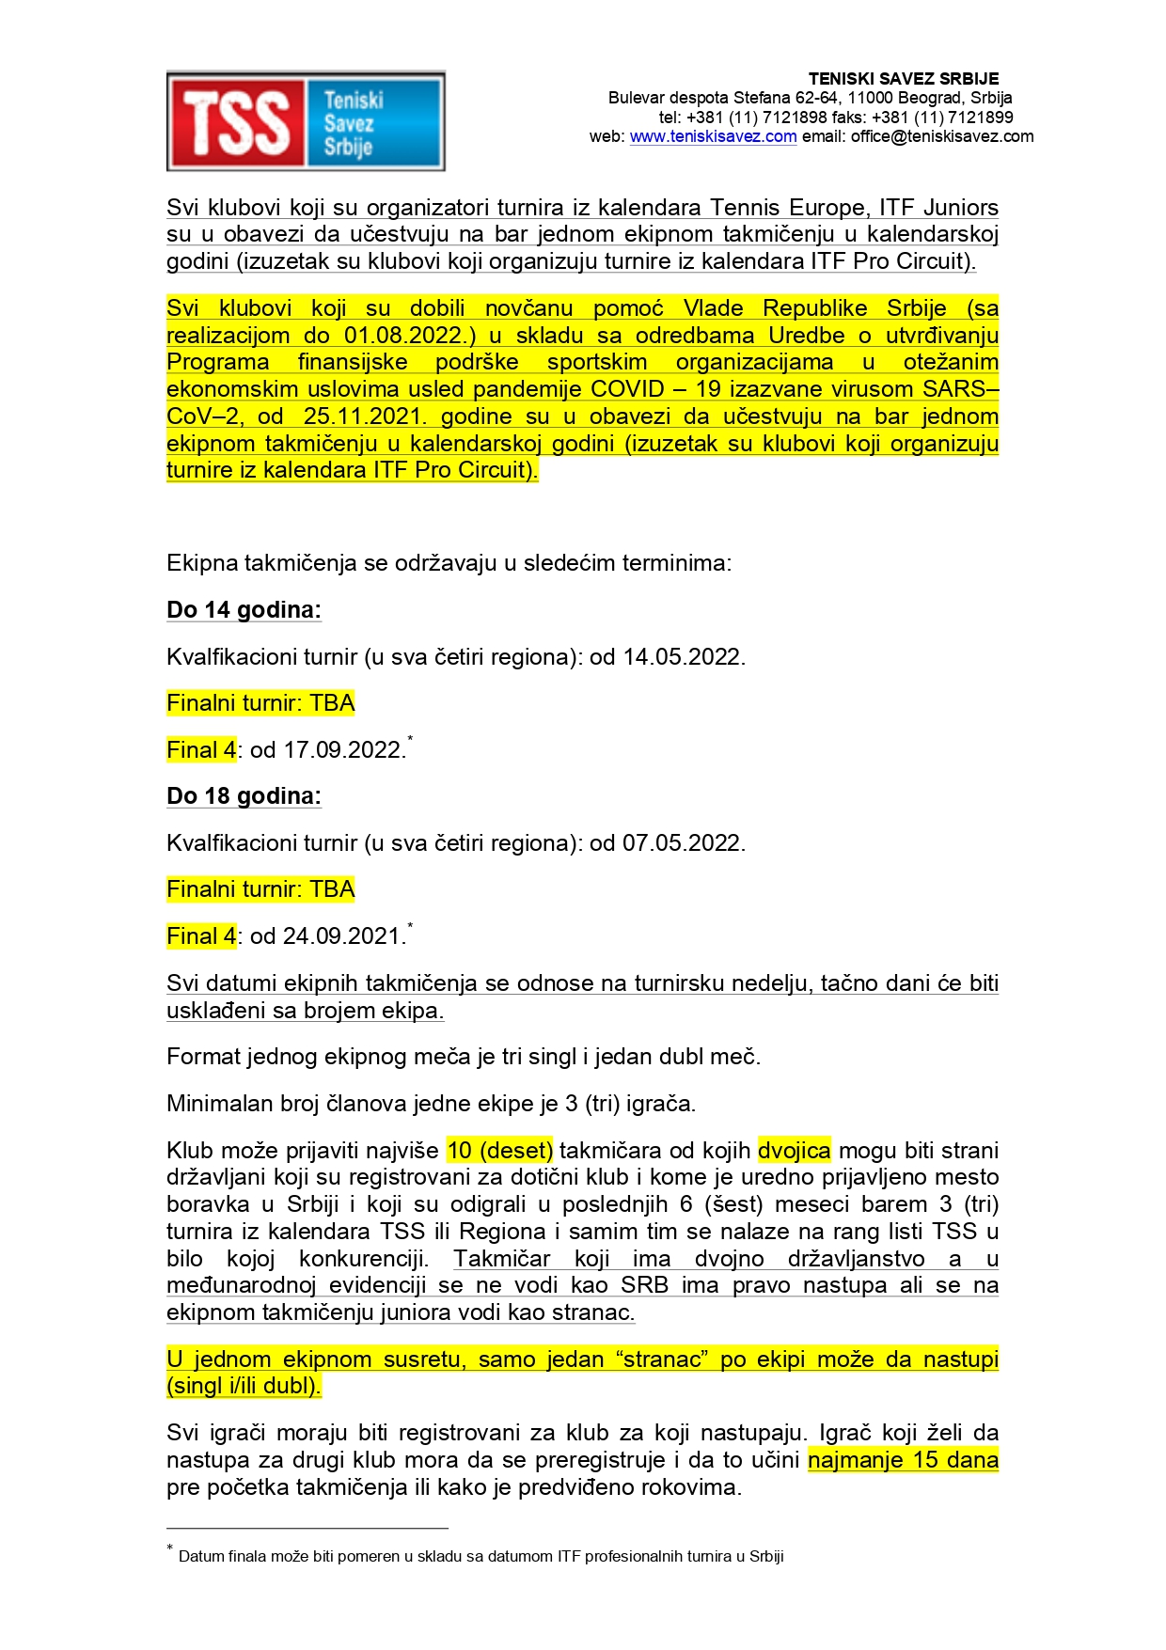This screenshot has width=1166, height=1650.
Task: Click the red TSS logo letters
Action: (236, 122)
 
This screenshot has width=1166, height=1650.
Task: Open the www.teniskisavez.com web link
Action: (713, 136)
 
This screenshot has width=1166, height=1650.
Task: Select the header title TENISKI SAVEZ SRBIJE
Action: (903, 79)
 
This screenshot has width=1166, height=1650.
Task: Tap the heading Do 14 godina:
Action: (244, 610)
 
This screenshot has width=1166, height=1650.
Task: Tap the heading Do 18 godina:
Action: (244, 796)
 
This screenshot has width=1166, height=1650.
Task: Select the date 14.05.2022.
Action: (684, 657)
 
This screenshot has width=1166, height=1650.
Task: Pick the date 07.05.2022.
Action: (684, 843)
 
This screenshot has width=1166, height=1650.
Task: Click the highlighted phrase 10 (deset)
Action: (500, 1151)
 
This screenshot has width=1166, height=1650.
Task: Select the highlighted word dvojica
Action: (795, 1151)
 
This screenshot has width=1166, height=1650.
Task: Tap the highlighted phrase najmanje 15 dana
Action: (903, 1460)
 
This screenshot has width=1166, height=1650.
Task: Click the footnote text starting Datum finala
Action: (481, 1557)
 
